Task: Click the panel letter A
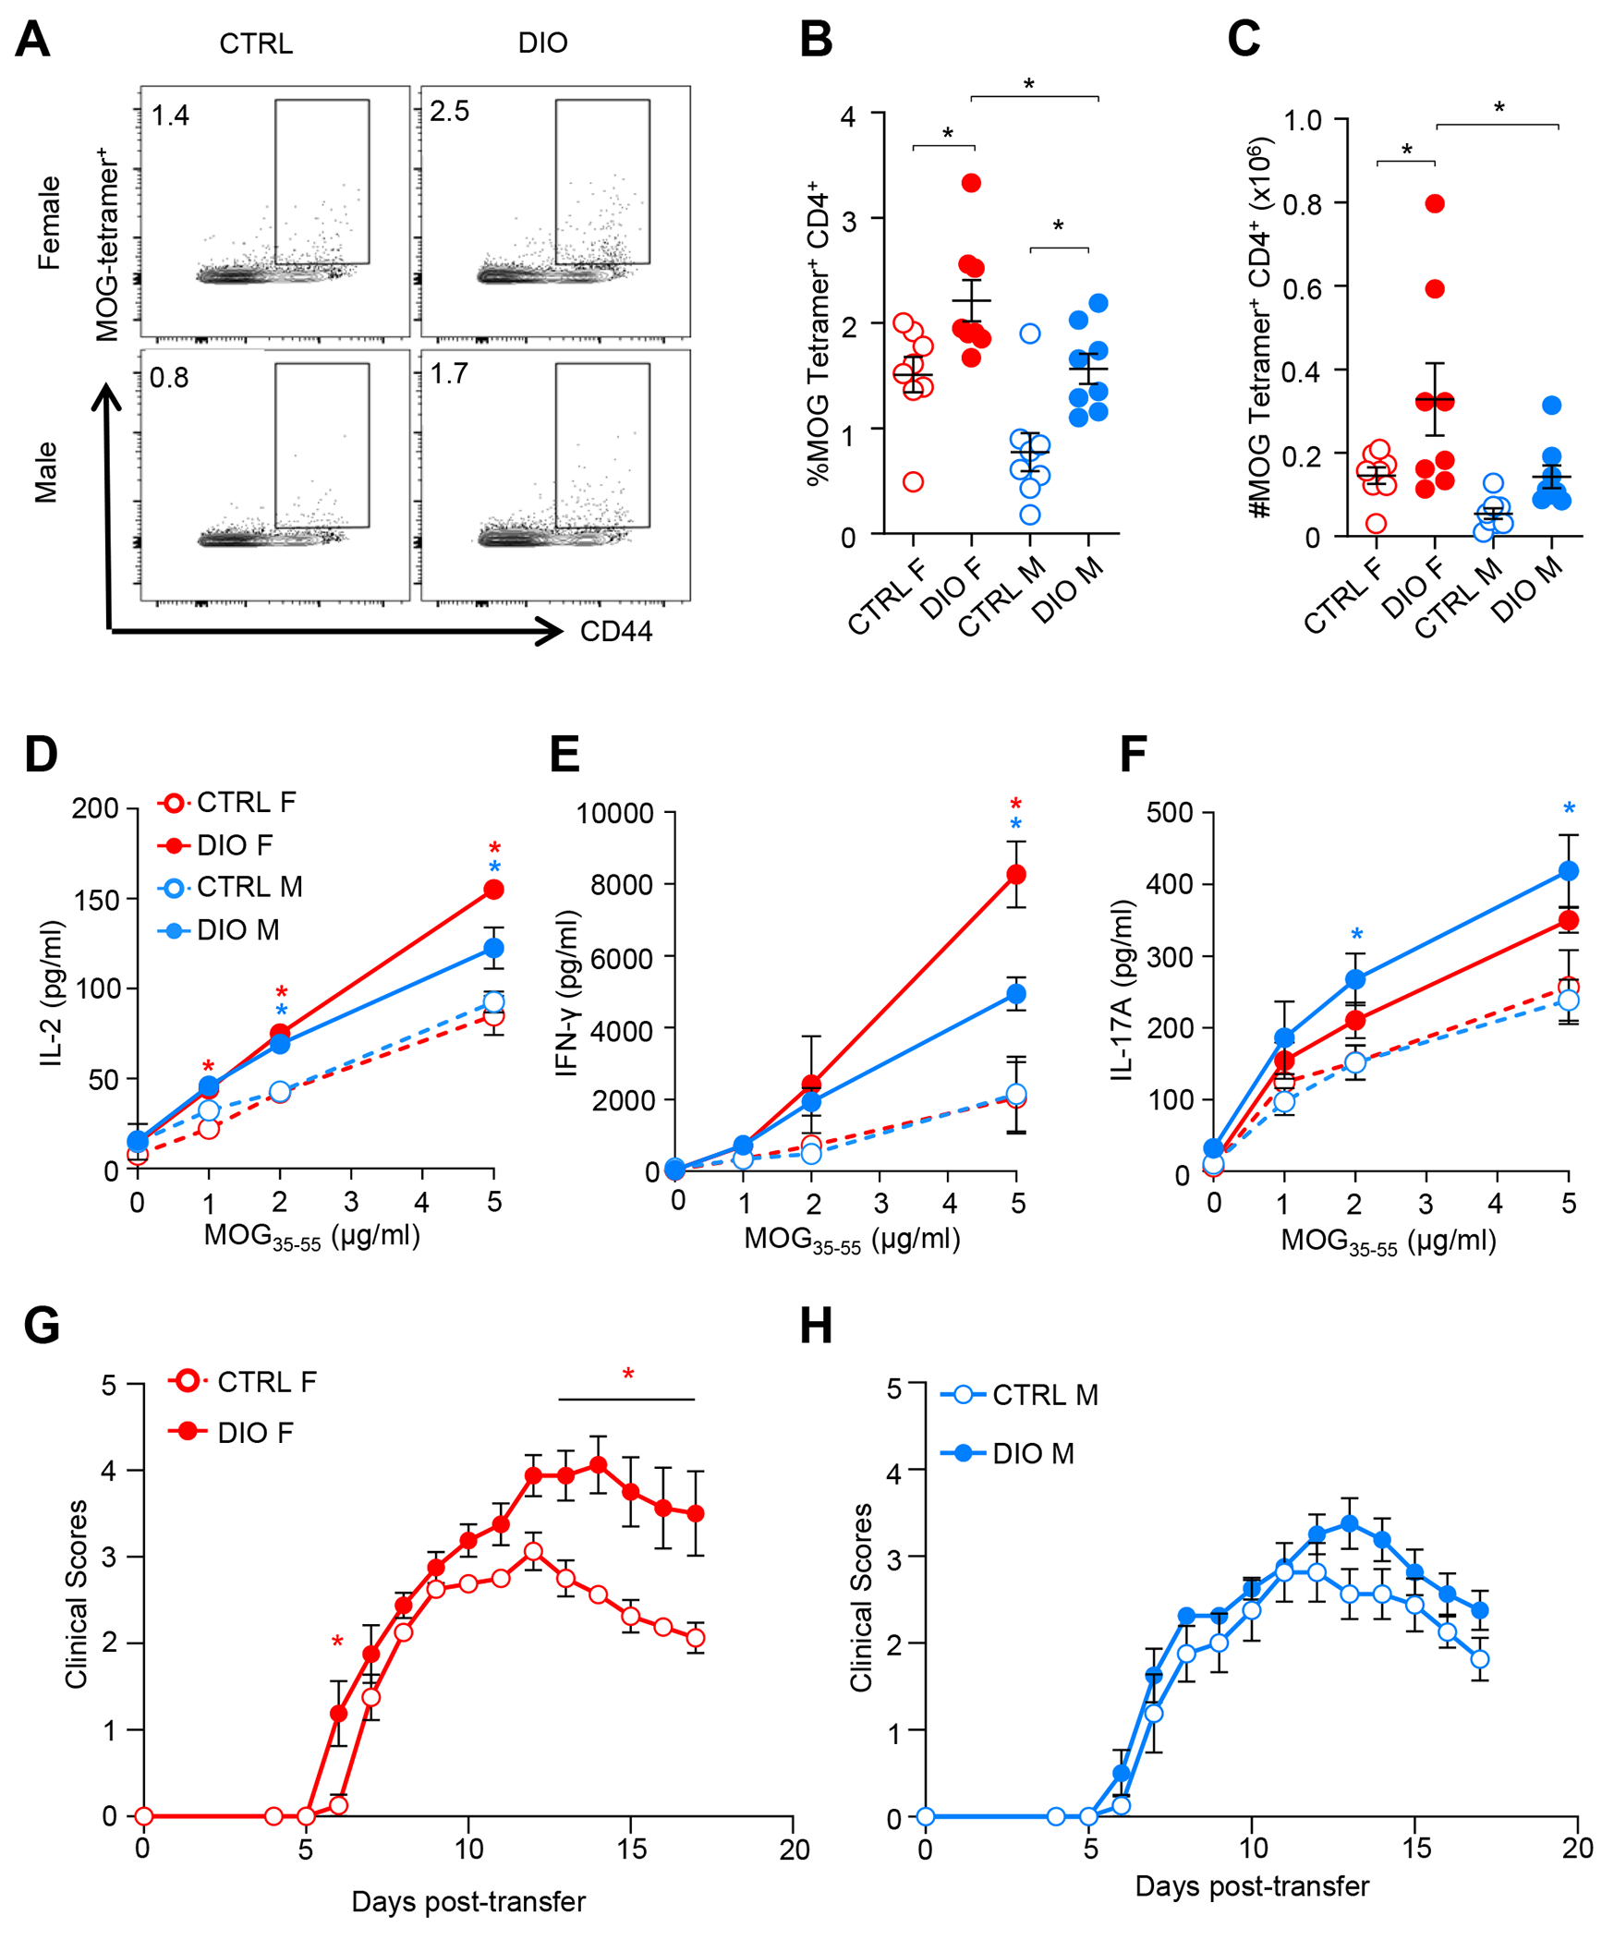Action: click(33, 41)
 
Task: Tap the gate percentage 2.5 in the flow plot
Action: click(450, 112)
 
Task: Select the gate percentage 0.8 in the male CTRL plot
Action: click(169, 378)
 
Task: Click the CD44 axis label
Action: click(616, 632)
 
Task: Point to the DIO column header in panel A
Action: click(542, 43)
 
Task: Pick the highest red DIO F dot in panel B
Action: click(971, 183)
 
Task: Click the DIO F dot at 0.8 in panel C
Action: click(1435, 203)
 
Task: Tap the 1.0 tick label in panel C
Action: click(1303, 120)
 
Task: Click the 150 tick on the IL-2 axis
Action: click(97, 899)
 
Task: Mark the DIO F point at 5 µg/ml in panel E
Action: click(1016, 874)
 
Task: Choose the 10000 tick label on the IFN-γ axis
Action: click(614, 814)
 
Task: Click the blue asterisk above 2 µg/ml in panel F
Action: click(1356, 936)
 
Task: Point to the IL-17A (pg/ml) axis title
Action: click(1122, 989)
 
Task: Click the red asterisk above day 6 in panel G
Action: click(337, 1642)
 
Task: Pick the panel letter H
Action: click(816, 1326)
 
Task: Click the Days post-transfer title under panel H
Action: click(1252, 1885)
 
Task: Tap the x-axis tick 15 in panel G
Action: click(632, 1849)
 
